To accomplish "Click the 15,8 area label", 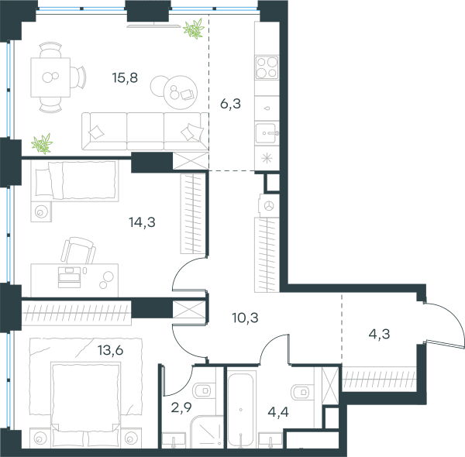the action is click(x=125, y=78).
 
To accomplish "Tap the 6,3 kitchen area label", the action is click(x=230, y=104).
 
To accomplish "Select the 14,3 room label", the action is click(x=142, y=222).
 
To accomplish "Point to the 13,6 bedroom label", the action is click(x=110, y=350).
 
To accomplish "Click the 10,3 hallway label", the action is click(x=245, y=318).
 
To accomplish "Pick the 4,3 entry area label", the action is click(x=379, y=335).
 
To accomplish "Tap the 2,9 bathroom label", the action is click(x=181, y=407).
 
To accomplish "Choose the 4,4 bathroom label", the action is click(x=278, y=412).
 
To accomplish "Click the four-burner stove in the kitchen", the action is click(x=267, y=67).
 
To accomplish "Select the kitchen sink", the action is click(x=267, y=133).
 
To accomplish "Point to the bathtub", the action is click(x=240, y=410).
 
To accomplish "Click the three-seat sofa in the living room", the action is click(x=145, y=131).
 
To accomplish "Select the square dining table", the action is click(x=50, y=77).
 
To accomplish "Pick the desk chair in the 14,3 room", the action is click(x=78, y=251).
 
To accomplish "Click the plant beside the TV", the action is click(x=194, y=29).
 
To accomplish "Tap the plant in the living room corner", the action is click(x=42, y=143).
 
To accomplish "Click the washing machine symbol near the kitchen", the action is click(x=269, y=206).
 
